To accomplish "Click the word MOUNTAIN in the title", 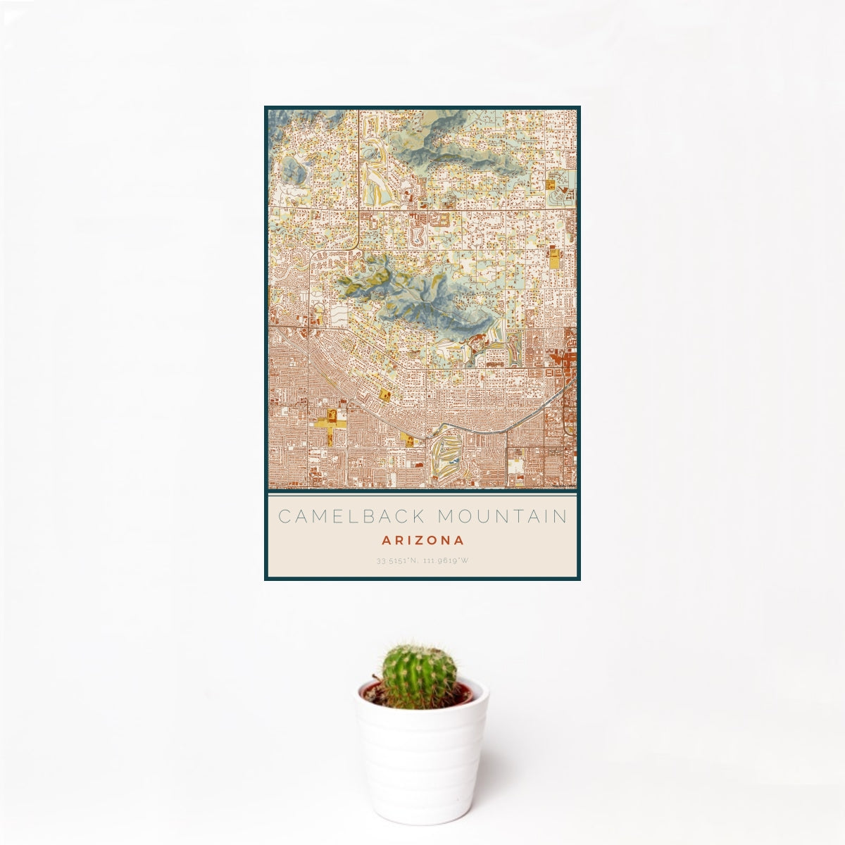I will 502,516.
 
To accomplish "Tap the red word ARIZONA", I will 423,541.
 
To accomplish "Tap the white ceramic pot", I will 421,760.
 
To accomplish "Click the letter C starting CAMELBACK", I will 285,516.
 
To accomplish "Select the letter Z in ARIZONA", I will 418,541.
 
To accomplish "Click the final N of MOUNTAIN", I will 560,516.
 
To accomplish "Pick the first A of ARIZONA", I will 386,541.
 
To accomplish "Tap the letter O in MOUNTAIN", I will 465,516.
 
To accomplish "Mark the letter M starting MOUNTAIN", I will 445,516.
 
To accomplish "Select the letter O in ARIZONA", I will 430,541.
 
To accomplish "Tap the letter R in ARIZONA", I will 398,541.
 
